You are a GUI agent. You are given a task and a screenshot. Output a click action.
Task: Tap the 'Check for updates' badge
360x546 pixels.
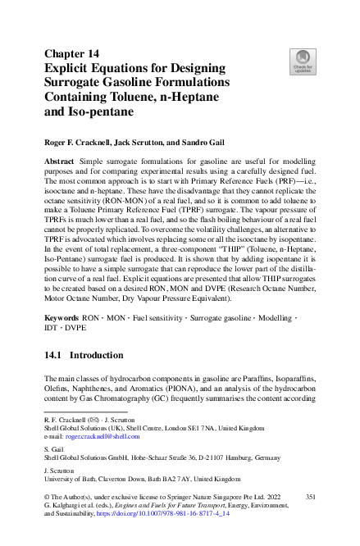pos(303,61)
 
